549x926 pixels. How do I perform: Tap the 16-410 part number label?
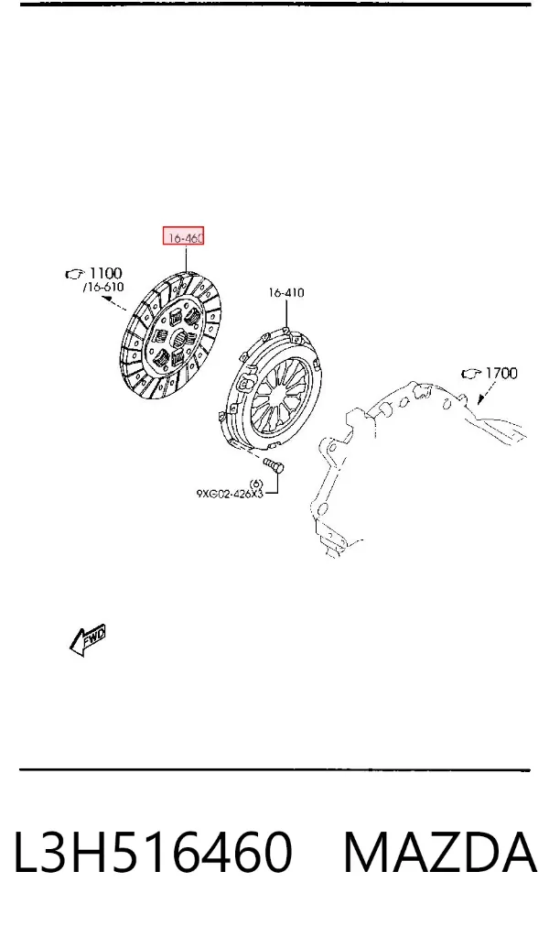(x=286, y=292)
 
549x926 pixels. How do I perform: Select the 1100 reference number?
(x=105, y=273)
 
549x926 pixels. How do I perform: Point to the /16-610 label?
(x=103, y=287)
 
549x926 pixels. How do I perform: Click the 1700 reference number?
(x=501, y=373)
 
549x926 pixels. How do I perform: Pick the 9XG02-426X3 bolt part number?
(x=230, y=493)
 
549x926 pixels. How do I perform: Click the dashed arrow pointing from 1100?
(x=114, y=303)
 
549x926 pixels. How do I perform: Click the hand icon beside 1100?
(x=74, y=274)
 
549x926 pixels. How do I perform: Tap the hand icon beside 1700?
(x=470, y=373)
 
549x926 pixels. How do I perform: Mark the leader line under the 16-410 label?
(x=286, y=313)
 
